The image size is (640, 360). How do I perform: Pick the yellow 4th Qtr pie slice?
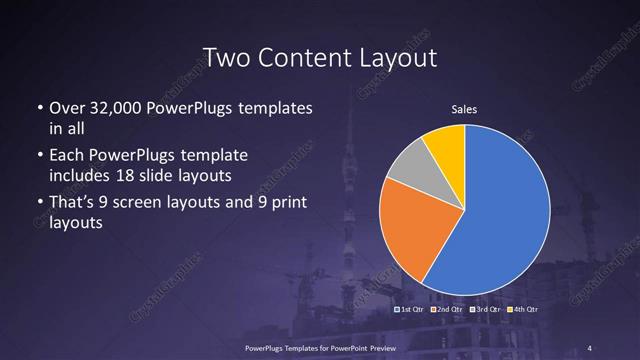click(x=446, y=146)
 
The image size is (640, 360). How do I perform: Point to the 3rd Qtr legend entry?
click(x=485, y=309)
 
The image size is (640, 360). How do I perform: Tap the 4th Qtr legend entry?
click(x=522, y=309)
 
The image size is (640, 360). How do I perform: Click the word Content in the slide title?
click(x=313, y=58)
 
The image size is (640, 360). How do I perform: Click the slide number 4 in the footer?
click(x=590, y=347)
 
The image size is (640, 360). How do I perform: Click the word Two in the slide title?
click(x=225, y=58)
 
